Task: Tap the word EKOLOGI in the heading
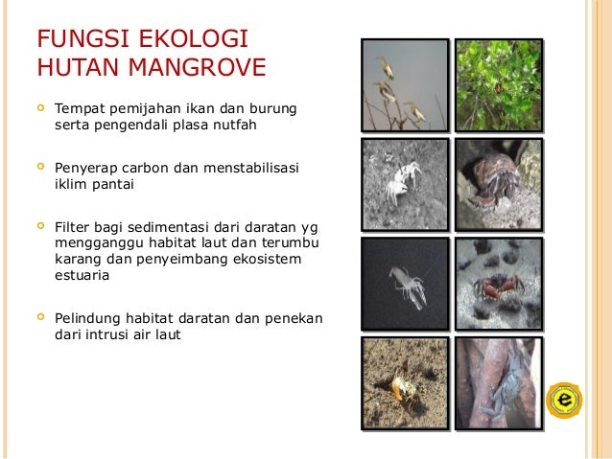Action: tap(200, 40)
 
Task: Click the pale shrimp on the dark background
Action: tap(406, 285)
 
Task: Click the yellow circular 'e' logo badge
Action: tap(564, 399)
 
